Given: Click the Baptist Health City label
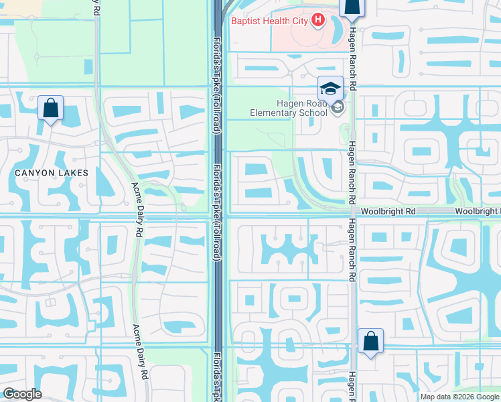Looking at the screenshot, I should (269, 21).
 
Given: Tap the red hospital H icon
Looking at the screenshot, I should (317, 21).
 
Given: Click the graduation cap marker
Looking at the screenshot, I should (330, 88).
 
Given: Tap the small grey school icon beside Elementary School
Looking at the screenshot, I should (338, 107).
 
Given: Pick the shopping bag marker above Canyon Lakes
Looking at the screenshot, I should (51, 108).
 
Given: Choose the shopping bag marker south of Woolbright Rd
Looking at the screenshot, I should (370, 342).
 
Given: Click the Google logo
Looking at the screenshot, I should (23, 394).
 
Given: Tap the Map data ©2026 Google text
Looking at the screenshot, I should (459, 396).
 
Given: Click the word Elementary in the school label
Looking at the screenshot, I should (274, 113).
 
